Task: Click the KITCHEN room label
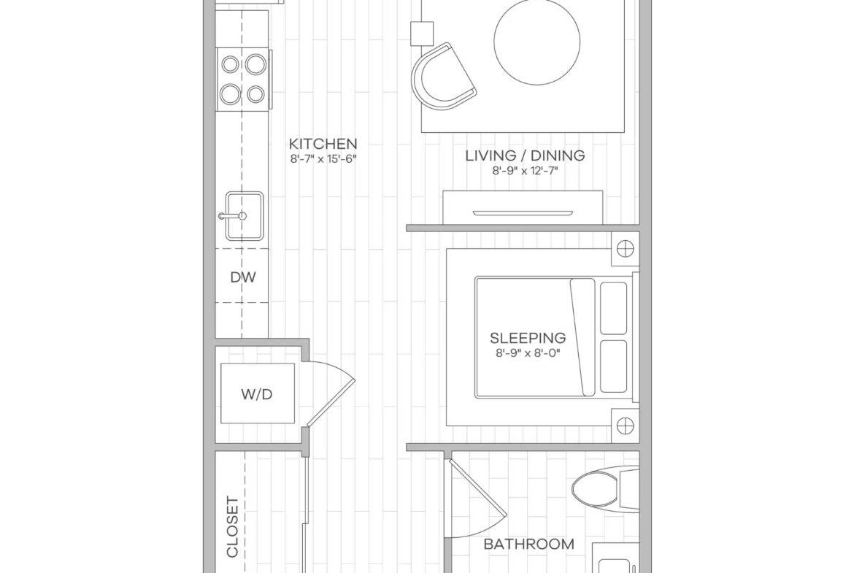(x=323, y=144)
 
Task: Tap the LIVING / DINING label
(x=525, y=155)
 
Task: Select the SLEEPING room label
(x=528, y=338)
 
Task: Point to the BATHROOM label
(x=529, y=544)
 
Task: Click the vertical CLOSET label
(x=233, y=527)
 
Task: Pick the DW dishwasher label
(x=243, y=277)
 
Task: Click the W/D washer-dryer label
(x=256, y=394)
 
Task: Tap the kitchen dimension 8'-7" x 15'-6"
(x=323, y=159)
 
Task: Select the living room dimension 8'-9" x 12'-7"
(x=525, y=171)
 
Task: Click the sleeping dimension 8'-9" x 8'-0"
(x=528, y=353)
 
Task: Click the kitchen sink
(x=243, y=215)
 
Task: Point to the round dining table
(x=536, y=42)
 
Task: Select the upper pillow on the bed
(x=613, y=308)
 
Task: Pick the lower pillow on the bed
(x=613, y=366)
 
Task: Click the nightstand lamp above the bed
(x=626, y=249)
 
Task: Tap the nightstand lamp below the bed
(x=626, y=426)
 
